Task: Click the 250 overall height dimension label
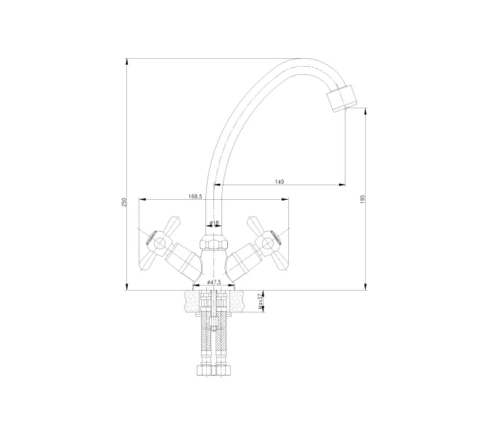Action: coord(124,202)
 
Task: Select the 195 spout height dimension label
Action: coord(362,199)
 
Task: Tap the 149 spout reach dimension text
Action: coord(279,182)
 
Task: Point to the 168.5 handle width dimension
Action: coord(195,196)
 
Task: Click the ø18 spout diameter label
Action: coord(214,222)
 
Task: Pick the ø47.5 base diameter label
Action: coord(214,282)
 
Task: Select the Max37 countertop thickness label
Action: coord(260,301)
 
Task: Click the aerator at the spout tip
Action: coord(342,98)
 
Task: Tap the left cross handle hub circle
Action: coord(159,243)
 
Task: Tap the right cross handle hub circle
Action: coord(268,243)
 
